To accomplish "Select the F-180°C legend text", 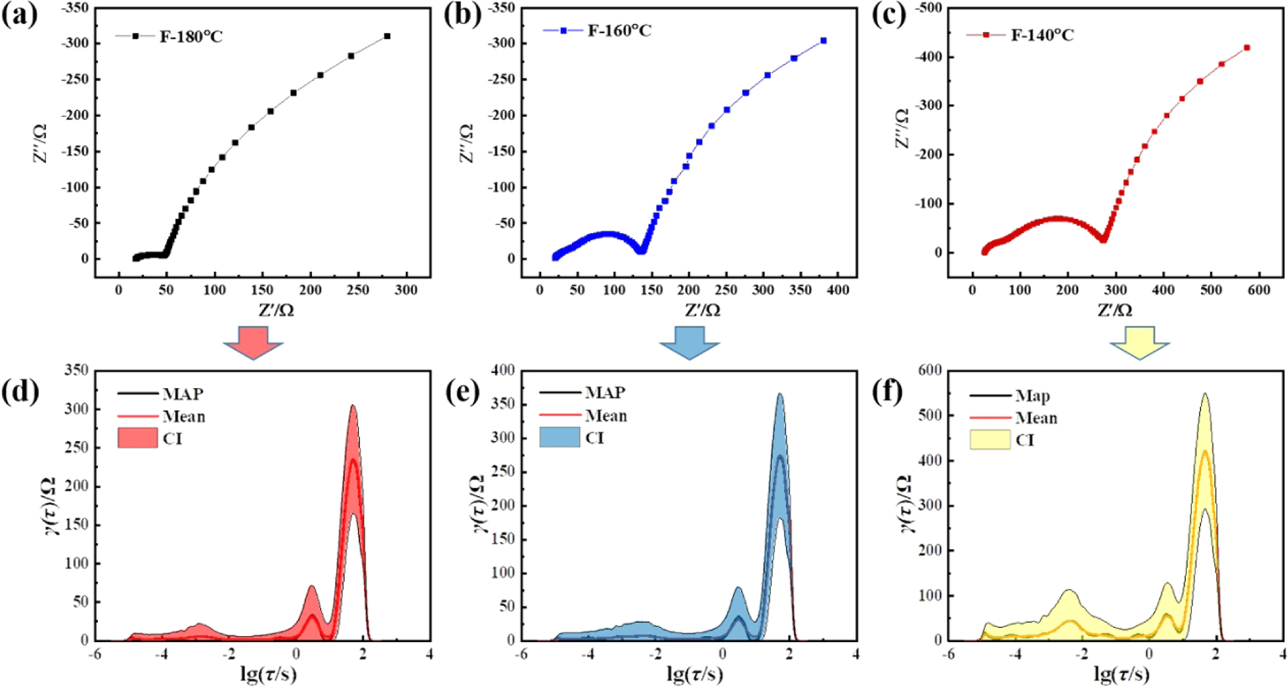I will click(191, 37).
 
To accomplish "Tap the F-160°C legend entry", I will click(619, 31).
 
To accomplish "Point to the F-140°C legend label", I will click(1042, 35).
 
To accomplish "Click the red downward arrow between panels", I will click(253, 343).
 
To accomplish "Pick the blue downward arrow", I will click(689, 343).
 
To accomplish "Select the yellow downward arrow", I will click(1140, 343).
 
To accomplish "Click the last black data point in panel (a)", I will click(387, 36).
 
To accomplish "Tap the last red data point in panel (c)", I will click(1247, 47).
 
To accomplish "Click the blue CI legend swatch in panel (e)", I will click(559, 437).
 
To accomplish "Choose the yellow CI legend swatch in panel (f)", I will click(990, 440).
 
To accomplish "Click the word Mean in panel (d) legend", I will click(184, 416).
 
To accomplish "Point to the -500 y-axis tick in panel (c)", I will click(928, 8).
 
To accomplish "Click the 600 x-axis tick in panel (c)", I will click(1259, 290).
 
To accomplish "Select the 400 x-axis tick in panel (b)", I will click(838, 290).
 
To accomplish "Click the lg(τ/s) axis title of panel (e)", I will click(694, 674).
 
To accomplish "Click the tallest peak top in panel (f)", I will click(1205, 394).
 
